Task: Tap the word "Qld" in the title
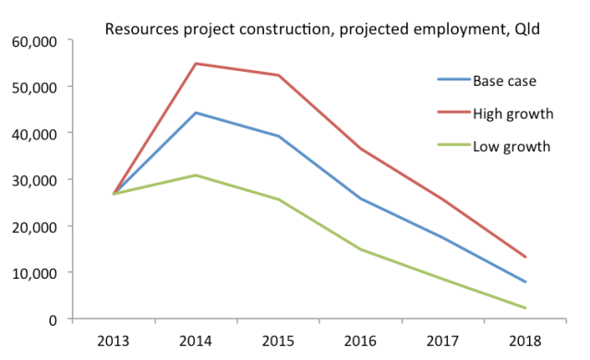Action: pyautogui.click(x=524, y=29)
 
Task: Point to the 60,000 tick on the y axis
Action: pyautogui.click(x=34, y=41)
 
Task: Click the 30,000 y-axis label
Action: pyautogui.click(x=34, y=180)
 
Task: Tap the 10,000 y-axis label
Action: pyautogui.click(x=34, y=273)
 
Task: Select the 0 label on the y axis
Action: pyautogui.click(x=54, y=319)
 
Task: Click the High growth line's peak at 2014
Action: pyautogui.click(x=196, y=64)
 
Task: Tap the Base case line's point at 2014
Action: pyautogui.click(x=196, y=113)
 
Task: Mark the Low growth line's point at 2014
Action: pyautogui.click(x=196, y=175)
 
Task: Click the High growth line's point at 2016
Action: pyautogui.click(x=360, y=149)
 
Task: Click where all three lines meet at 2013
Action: pyautogui.click(x=114, y=194)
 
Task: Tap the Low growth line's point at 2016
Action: pyautogui.click(x=360, y=249)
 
